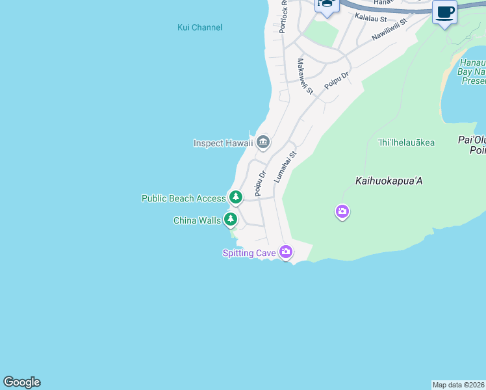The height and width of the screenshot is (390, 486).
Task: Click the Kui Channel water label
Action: (199, 27)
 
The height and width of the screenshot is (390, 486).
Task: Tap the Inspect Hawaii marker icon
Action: (263, 142)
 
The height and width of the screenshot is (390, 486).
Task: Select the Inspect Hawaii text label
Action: (223, 143)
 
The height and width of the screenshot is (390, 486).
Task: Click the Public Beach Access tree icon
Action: (235, 196)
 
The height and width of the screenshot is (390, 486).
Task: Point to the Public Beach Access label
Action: (183, 198)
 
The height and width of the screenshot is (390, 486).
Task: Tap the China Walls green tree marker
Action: (230, 219)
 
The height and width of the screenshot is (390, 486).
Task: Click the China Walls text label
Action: (197, 220)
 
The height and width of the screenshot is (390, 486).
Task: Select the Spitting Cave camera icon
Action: (285, 252)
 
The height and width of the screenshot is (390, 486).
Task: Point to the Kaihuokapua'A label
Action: (389, 181)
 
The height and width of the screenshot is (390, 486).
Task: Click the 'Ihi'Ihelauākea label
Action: (406, 142)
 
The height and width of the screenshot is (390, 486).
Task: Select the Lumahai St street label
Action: (285, 166)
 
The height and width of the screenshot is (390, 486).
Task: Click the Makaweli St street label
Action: (305, 75)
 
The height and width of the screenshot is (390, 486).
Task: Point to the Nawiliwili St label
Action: (389, 30)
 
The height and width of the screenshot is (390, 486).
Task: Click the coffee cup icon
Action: (444, 12)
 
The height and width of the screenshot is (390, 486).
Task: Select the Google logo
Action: (21, 382)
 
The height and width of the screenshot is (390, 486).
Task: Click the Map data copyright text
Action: (459, 385)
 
